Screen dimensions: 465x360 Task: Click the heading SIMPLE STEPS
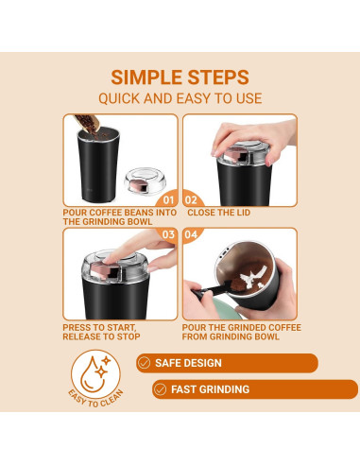(180, 77)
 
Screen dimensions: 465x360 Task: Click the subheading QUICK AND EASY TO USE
(180, 98)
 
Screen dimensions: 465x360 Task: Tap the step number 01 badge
(168, 200)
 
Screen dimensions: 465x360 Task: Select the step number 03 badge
(168, 234)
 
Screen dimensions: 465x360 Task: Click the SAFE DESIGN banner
(226, 363)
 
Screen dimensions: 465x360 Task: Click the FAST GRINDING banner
(255, 389)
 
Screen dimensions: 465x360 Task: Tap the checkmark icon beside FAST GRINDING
(161, 389)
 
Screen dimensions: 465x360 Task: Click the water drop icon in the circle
(94, 375)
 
